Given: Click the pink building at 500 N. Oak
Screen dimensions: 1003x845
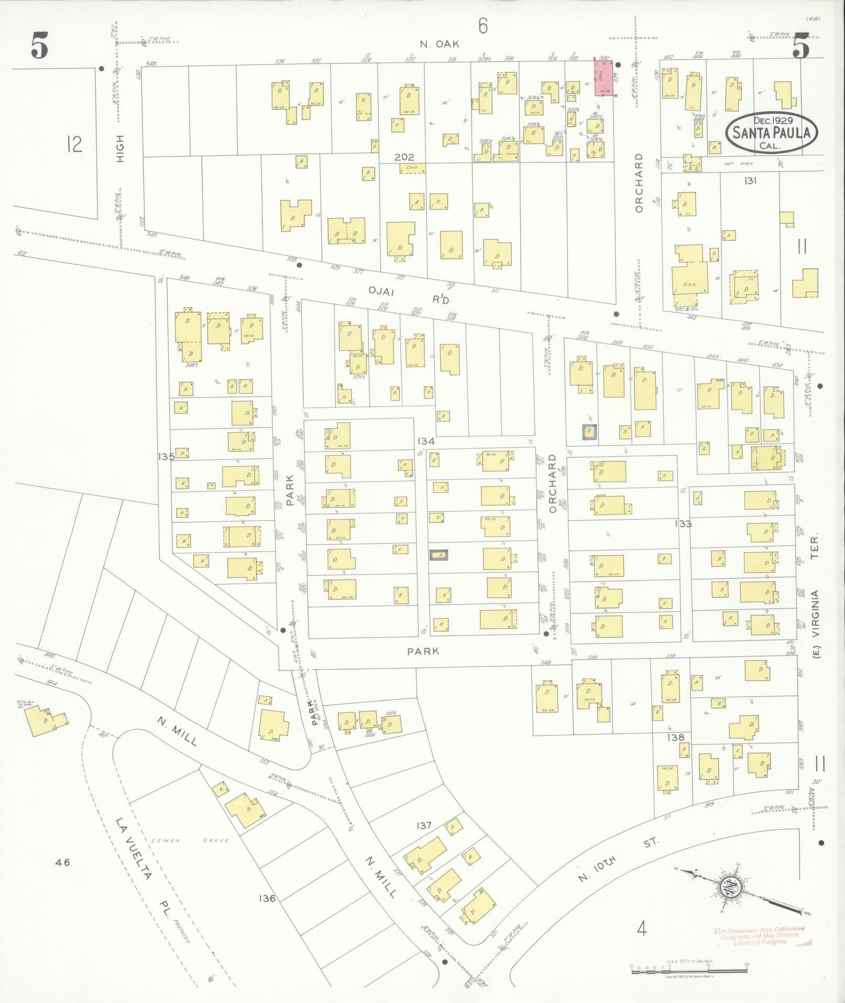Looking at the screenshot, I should (603, 78).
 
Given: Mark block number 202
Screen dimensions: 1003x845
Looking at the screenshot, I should (404, 157).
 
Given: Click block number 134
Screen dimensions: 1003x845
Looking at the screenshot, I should (426, 441).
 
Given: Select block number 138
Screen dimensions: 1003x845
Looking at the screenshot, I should (676, 737).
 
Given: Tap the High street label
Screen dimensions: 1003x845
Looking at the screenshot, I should (120, 148).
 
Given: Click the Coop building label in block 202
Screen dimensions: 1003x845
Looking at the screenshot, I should (412, 168).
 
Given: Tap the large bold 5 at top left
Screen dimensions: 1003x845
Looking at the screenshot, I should (39, 46).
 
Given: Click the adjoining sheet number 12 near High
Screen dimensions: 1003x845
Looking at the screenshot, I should (75, 143).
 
